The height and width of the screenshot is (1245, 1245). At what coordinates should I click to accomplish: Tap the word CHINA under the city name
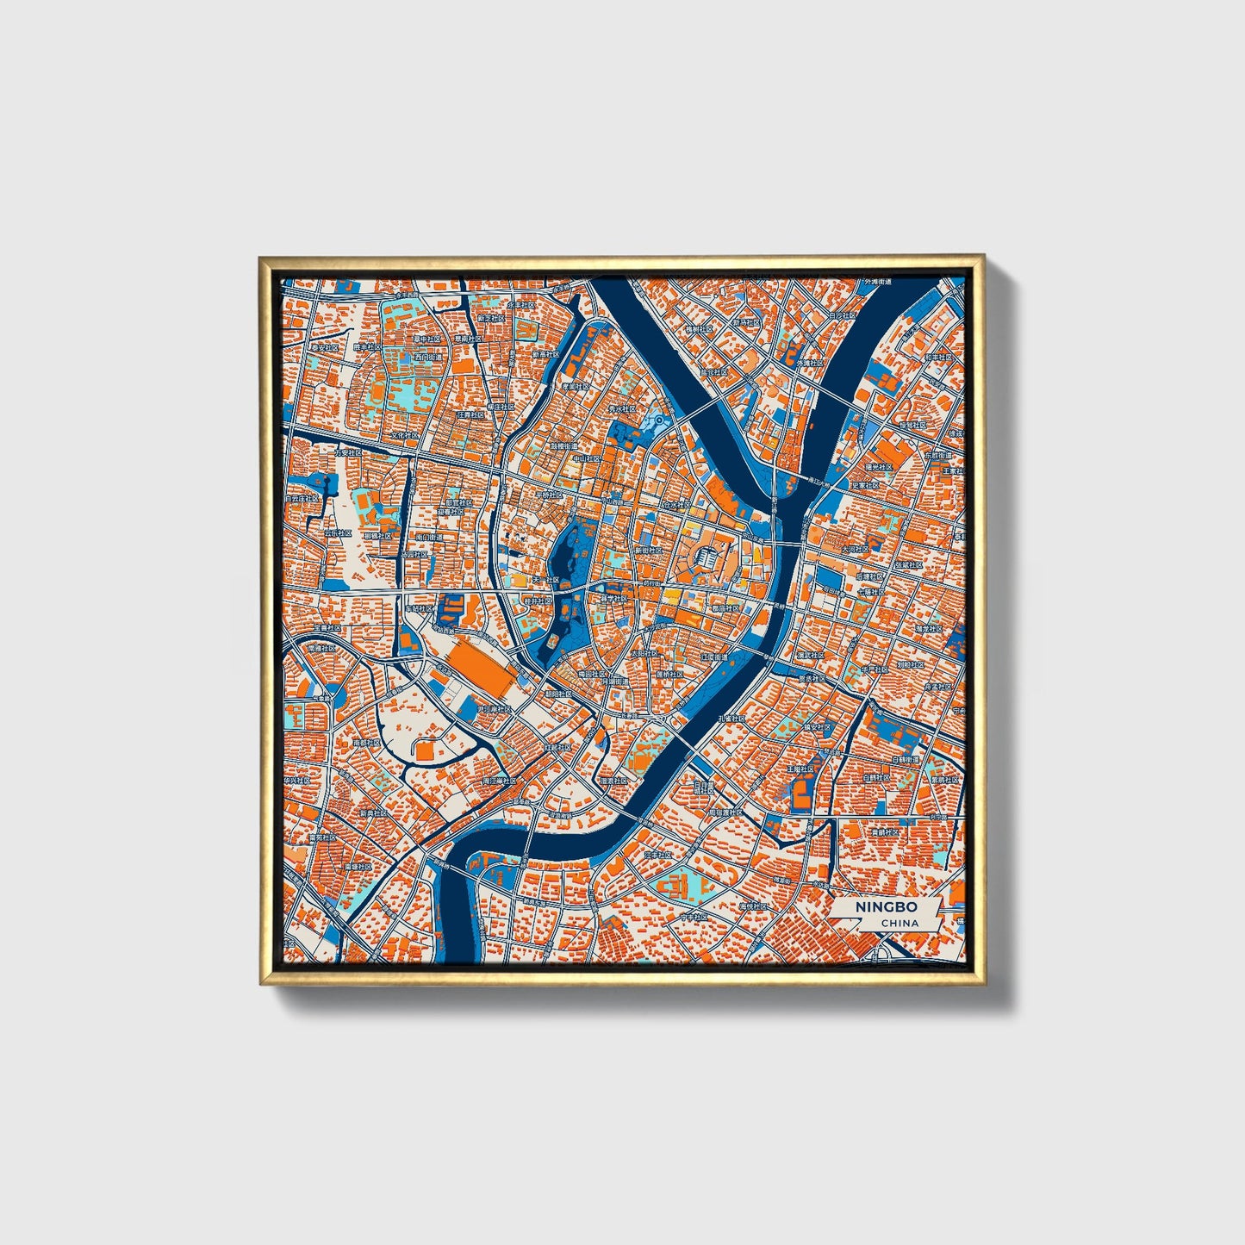tap(899, 923)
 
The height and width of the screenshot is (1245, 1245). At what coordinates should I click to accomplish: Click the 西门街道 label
tap(425, 356)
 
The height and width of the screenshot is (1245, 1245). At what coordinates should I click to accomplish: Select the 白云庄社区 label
tap(302, 498)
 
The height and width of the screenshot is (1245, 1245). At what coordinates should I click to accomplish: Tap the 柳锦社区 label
tap(377, 536)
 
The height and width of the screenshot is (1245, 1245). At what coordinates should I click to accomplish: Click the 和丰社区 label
tap(937, 356)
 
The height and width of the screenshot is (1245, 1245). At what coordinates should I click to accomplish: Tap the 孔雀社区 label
tap(731, 718)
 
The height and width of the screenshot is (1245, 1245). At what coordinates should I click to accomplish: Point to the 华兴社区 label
tap(297, 780)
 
